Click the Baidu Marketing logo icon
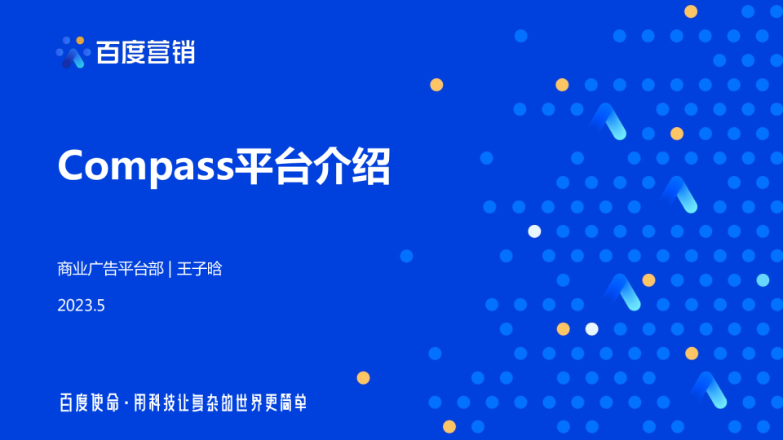(73, 52)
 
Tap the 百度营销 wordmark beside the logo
(145, 52)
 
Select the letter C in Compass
(73, 166)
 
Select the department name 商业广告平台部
(109, 269)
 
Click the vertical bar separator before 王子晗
(170, 269)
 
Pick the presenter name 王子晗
(200, 269)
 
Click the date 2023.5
(82, 306)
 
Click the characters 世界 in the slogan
(250, 403)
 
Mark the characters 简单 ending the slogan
(294, 403)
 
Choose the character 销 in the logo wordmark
(184, 52)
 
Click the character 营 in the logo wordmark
(159, 52)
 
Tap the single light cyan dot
(763, 280)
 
